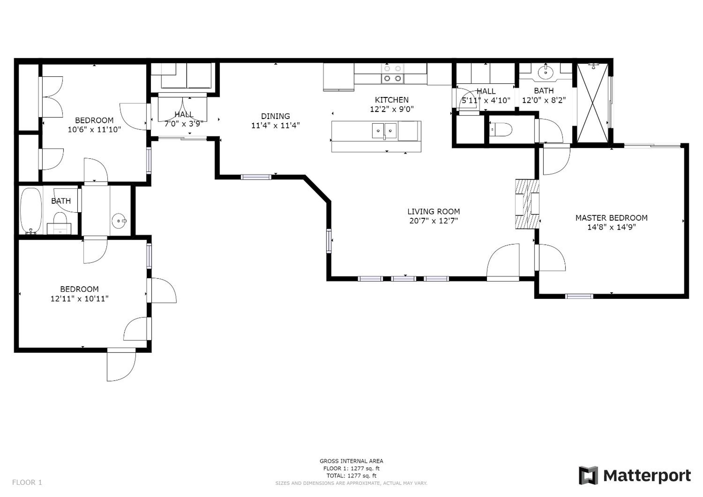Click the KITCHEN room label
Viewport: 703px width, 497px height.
pos(392,100)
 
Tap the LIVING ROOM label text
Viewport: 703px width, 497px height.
pos(433,211)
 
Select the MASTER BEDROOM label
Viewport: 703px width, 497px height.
pos(611,218)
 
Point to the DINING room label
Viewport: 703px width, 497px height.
pos(275,116)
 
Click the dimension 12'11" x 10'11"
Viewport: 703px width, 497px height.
pos(80,299)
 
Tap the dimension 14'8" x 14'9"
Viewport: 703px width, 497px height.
pos(611,227)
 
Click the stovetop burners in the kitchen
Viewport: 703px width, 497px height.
pos(392,74)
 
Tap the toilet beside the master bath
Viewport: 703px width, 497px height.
pos(501,129)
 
